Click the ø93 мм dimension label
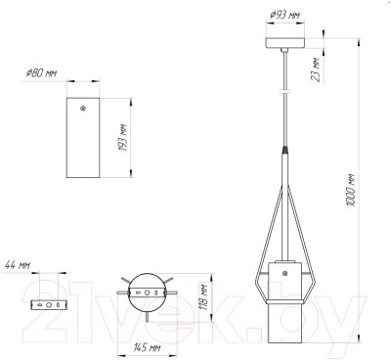284,16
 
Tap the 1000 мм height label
351,190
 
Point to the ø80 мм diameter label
41,73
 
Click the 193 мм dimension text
122,138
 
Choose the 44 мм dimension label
18,265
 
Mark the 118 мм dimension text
203,297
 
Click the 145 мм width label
147,347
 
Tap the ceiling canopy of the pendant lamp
285,43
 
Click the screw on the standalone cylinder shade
83,109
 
